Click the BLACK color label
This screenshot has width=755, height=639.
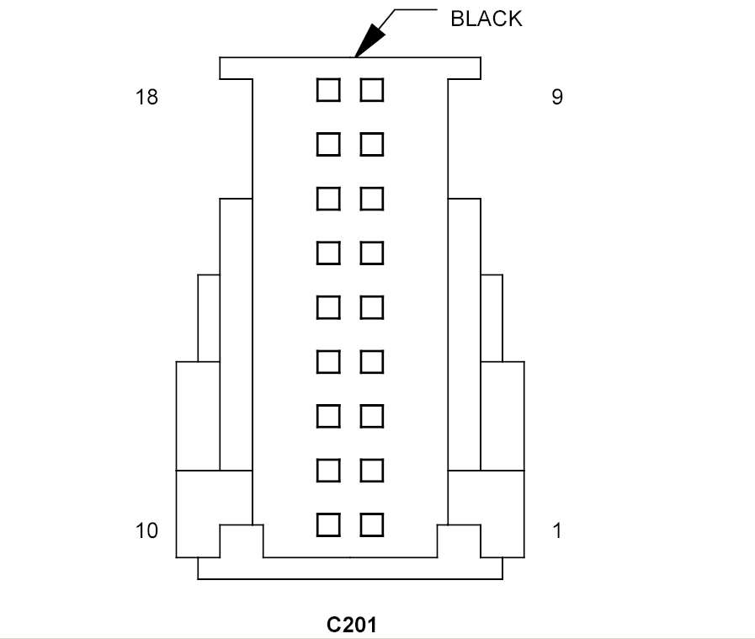[486, 19]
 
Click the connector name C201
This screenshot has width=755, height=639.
[352, 625]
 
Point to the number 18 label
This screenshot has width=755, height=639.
[146, 98]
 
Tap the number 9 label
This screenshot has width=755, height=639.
[557, 98]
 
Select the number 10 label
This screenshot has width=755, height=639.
[146, 530]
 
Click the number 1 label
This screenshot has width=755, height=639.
[557, 530]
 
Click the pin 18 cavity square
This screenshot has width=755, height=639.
[328, 90]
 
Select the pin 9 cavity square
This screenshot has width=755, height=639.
[372, 90]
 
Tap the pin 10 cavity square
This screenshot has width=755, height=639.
[328, 525]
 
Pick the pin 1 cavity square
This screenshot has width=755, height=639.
[372, 525]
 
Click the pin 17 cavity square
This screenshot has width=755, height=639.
[328, 145]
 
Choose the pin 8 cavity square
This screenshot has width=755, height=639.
[372, 145]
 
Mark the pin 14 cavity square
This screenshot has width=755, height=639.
[328, 307]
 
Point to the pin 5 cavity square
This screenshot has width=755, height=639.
[372, 307]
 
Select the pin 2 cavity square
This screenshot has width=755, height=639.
[372, 471]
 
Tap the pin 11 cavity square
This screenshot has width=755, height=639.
[328, 471]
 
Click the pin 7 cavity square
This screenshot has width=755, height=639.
[372, 199]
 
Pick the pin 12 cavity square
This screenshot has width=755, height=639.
[328, 416]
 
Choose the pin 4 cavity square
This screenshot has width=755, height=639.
[372, 362]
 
